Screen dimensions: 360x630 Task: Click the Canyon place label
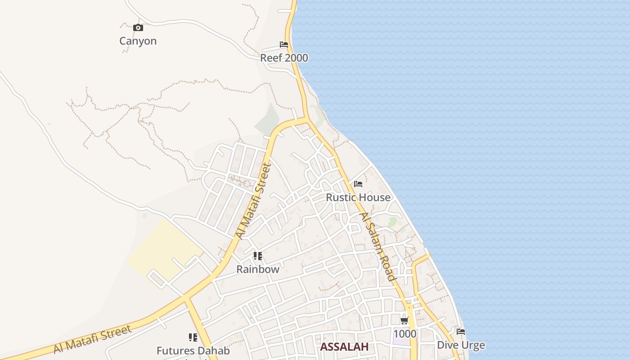coord(138,41)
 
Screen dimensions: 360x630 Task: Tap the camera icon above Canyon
coord(138,28)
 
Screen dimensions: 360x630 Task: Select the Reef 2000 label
coord(284,58)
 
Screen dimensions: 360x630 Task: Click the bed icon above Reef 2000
coord(284,45)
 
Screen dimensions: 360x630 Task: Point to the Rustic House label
coord(358,198)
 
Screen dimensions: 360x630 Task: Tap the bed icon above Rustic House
coord(358,184)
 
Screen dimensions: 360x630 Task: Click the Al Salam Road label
coord(378,247)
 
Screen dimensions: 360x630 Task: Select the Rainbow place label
coord(258,270)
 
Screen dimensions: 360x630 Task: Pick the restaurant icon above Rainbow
coord(258,256)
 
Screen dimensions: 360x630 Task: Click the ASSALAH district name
coord(344,347)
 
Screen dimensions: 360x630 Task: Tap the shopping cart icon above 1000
coord(405,321)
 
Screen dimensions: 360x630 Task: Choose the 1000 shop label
coord(405,334)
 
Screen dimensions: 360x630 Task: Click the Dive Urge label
coord(461,345)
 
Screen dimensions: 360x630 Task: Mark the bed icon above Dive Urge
coord(461,332)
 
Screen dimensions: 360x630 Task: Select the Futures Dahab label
coord(193,351)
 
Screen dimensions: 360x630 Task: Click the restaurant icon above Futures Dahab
coord(193,337)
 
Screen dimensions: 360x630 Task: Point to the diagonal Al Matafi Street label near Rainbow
coord(254,201)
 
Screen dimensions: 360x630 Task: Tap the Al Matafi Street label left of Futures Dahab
coord(93,339)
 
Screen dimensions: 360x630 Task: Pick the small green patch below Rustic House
coord(392,222)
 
